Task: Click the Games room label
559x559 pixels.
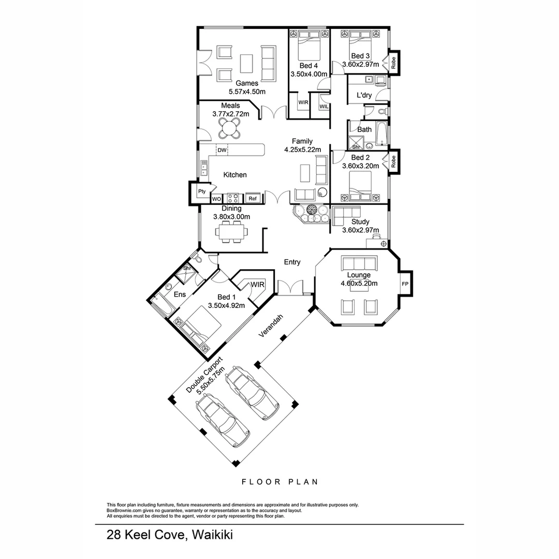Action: coord(247,83)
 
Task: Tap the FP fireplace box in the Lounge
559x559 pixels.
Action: coord(405,284)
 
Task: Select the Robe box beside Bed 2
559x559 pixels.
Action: coord(393,161)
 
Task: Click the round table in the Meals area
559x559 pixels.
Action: coord(229,128)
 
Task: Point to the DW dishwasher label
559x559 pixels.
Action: coord(222,151)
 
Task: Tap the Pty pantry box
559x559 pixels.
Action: coord(202,192)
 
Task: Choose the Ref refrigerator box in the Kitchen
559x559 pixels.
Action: coord(253,198)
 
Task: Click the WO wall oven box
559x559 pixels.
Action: coord(217,199)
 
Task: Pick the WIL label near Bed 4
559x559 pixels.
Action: coord(323,107)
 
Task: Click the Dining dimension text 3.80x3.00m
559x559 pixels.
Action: coord(232,217)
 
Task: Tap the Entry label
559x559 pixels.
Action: coord(292,262)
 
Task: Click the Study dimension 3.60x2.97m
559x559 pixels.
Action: coord(360,230)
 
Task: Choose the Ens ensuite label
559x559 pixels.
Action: coord(180,295)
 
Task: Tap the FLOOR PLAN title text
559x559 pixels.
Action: coord(279,482)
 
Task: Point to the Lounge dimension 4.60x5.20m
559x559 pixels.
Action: coord(359,283)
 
